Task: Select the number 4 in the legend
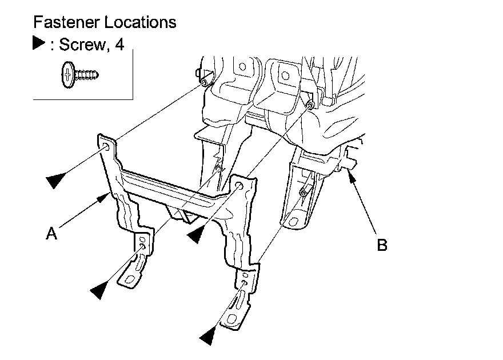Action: click(119, 45)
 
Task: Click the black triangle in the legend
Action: click(38, 43)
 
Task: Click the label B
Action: click(382, 245)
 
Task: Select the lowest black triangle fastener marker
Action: click(207, 337)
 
